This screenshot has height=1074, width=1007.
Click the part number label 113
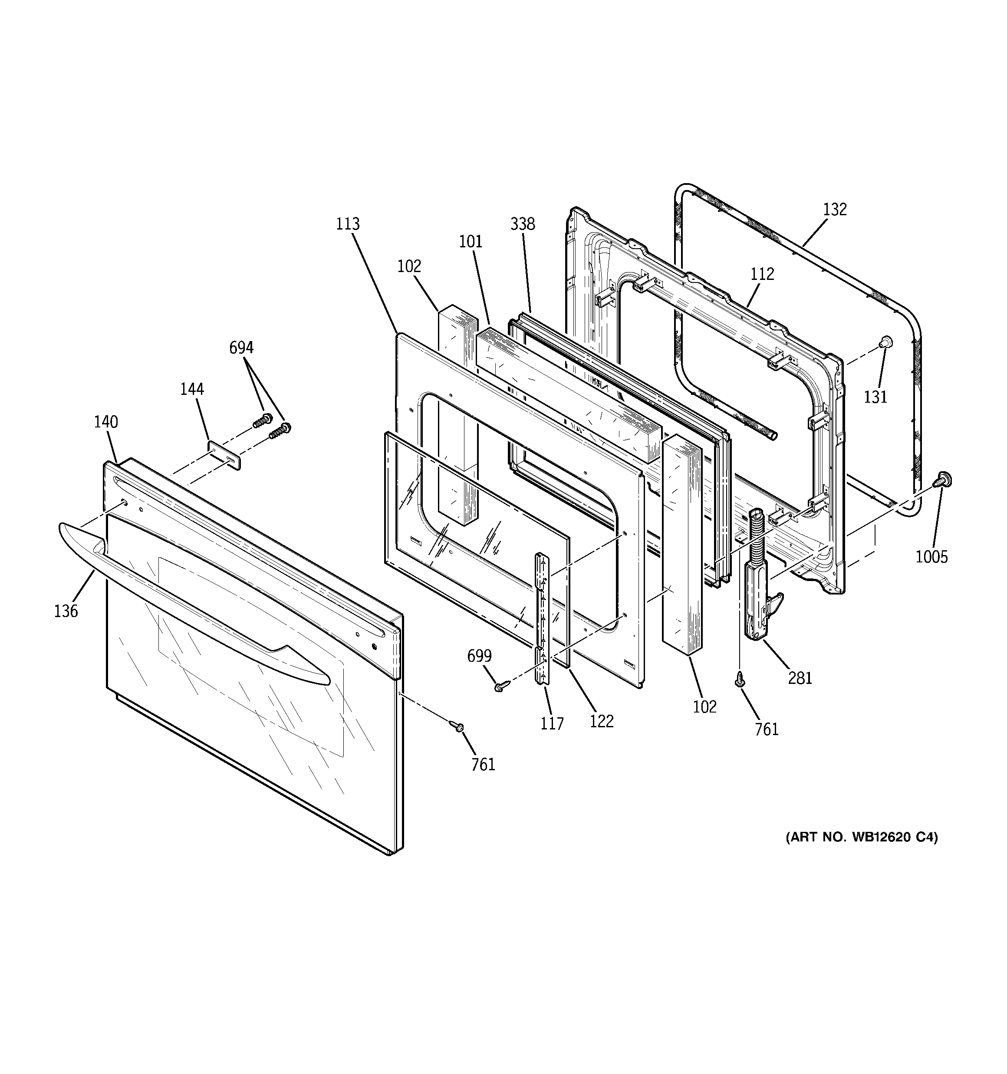click(348, 223)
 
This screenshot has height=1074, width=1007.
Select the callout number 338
click(523, 223)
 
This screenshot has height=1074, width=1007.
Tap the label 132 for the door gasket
click(835, 210)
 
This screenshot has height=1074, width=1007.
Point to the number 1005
click(931, 556)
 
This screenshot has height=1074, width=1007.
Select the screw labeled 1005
click(944, 479)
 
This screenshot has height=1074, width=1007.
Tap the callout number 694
click(241, 348)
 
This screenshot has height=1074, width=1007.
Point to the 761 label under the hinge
click(767, 729)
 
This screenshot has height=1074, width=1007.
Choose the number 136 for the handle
click(66, 611)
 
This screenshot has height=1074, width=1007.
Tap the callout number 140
click(106, 422)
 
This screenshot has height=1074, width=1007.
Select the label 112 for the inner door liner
click(762, 274)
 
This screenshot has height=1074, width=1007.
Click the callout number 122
click(602, 721)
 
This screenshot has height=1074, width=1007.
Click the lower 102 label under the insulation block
click(705, 706)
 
